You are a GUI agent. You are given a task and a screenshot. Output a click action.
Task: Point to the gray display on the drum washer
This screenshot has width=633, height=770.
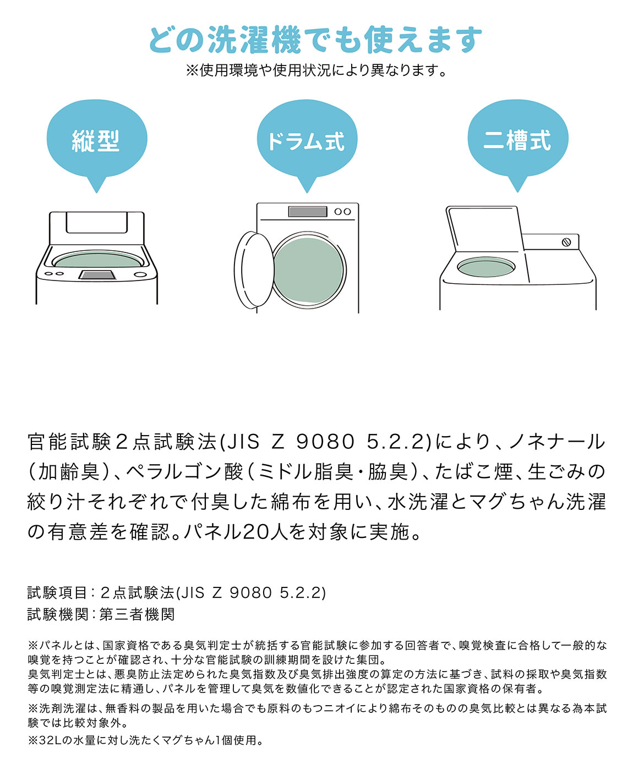307,212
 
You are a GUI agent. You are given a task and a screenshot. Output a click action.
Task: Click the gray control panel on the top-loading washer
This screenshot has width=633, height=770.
97,274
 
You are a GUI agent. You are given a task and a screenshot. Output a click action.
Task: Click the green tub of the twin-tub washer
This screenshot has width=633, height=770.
486,267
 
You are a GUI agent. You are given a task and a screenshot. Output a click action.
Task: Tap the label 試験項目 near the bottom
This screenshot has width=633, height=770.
57,593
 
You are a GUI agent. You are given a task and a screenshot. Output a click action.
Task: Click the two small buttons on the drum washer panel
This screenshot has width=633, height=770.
342,212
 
